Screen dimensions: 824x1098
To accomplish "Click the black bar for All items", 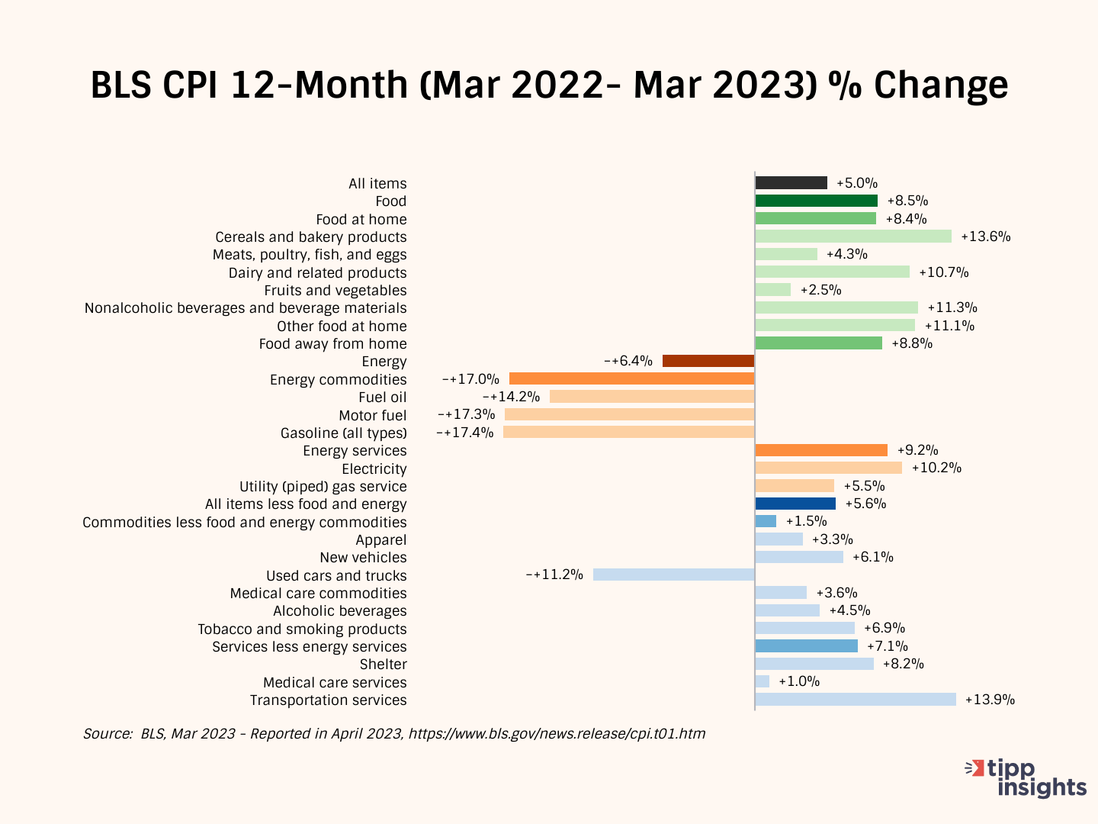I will click(x=791, y=183).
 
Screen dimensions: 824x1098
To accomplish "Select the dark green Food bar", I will click(x=816, y=201).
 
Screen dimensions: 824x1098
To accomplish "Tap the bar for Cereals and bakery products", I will click(x=852, y=237).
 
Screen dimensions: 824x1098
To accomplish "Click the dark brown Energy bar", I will click(x=708, y=361).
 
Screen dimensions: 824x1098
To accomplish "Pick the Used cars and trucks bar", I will click(x=673, y=575).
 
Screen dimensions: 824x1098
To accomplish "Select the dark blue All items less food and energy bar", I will click(x=795, y=504).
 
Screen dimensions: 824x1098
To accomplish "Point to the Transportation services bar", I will click(x=855, y=700).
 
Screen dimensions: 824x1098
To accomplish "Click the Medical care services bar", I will click(x=762, y=681).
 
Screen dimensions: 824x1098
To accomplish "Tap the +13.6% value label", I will click(x=986, y=237).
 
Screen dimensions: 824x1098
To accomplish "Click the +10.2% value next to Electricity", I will click(x=936, y=468).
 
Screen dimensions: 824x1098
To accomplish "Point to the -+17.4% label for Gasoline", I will click(x=465, y=433).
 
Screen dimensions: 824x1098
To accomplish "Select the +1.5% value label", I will click(x=807, y=521).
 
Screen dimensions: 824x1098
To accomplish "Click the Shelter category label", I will click(x=383, y=665).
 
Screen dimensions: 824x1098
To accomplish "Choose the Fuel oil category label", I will click(x=382, y=398).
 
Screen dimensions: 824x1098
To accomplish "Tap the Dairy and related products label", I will click(x=317, y=272).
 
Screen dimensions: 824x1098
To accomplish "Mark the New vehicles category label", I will click(x=363, y=558).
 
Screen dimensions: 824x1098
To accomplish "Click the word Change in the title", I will click(x=941, y=85).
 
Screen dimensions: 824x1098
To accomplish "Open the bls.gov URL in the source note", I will click(x=557, y=734).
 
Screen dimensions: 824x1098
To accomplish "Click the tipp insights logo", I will click(x=1026, y=778).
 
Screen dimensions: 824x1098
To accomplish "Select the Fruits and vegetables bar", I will click(x=772, y=290).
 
